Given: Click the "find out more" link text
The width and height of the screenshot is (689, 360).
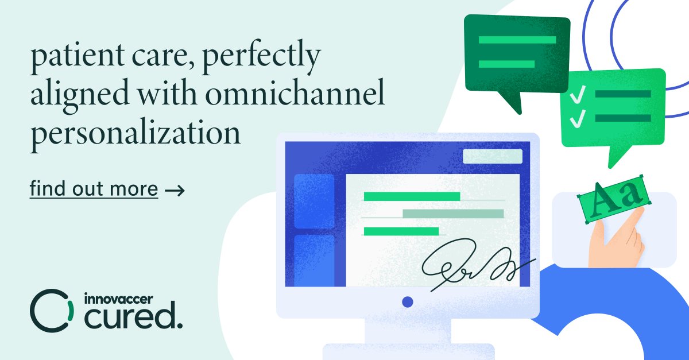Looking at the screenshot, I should point(94,189).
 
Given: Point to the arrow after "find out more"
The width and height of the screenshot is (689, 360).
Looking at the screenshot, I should point(175,189).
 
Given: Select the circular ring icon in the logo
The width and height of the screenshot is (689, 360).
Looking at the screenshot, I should point(52,310).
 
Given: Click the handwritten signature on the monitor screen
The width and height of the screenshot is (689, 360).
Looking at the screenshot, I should point(471,264).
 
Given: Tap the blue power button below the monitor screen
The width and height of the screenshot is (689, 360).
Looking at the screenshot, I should point(408,301).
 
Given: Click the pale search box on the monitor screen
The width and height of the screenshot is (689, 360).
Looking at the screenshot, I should point(492,156).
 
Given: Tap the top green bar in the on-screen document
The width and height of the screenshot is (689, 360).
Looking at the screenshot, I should point(412,196).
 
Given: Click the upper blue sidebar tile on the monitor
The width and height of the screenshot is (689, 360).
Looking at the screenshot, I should point(314,201).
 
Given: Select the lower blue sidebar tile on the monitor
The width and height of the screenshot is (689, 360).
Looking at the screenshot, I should point(314,260).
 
